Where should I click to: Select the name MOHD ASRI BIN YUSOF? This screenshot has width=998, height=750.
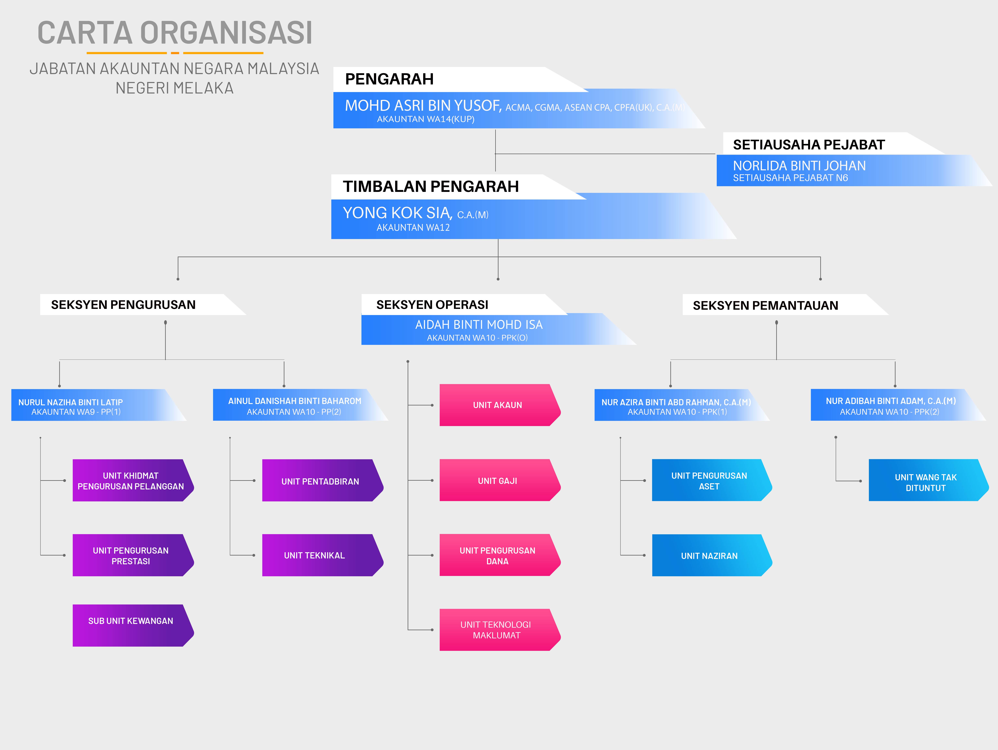tap(423, 106)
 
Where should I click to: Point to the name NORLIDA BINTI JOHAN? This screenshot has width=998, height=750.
tap(799, 166)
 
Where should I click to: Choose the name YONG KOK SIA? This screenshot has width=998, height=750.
tap(397, 213)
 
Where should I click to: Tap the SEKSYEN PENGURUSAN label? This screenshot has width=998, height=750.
tap(123, 305)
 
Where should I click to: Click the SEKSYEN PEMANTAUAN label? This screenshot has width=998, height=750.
tap(765, 305)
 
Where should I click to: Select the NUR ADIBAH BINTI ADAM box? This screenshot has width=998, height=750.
tap(891, 406)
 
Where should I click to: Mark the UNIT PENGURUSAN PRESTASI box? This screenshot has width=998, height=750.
tap(131, 556)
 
